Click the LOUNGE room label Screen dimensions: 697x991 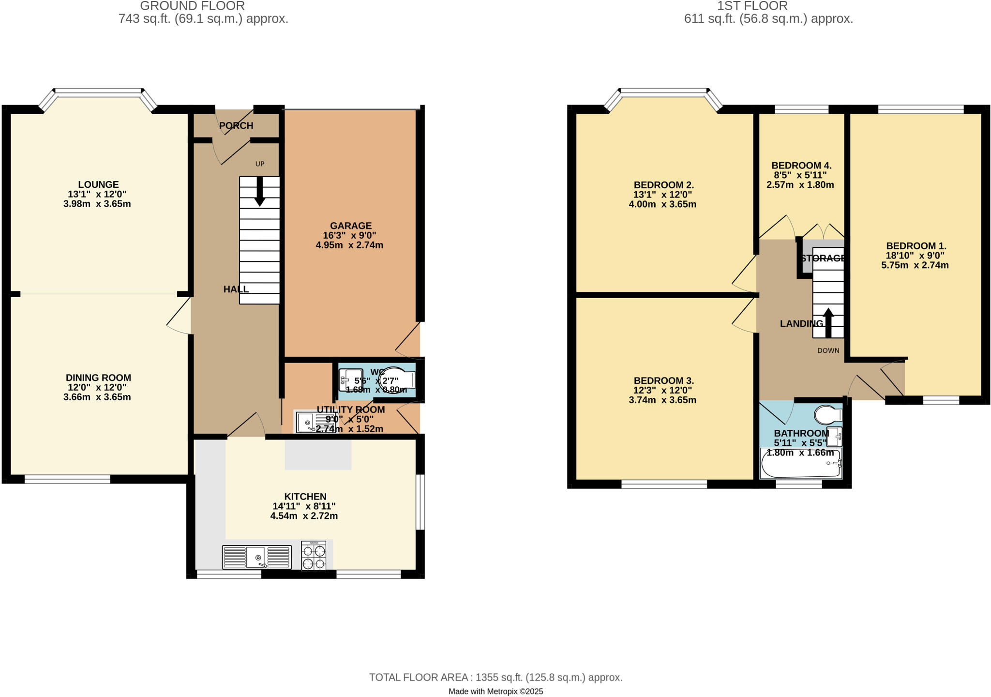coord(98,184)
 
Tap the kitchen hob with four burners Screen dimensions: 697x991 coord(314,556)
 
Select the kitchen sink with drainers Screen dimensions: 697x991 coord(257,557)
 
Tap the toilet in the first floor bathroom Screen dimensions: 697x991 coord(828,415)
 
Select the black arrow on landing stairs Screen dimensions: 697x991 coord(828,323)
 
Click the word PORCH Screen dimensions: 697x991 coord(236,126)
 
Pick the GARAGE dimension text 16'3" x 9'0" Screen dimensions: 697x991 coord(350,236)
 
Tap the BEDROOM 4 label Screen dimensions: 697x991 coord(801,166)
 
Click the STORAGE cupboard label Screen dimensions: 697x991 coord(823,258)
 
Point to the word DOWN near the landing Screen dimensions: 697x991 coord(828,350)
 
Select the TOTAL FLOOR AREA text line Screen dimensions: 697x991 coord(495,677)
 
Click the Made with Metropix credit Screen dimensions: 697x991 coord(495,692)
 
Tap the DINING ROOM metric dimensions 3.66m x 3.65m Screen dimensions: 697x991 coord(97,397)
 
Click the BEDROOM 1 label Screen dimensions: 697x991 coord(916,246)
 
